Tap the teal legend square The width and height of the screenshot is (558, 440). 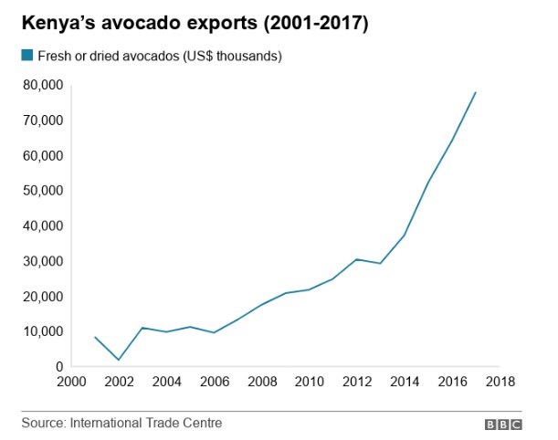(x=26, y=57)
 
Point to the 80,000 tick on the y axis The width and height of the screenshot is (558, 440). (x=42, y=85)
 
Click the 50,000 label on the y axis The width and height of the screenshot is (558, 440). (x=42, y=191)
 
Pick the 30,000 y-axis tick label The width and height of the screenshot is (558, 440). (x=42, y=261)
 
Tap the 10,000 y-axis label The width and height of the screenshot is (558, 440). (x=42, y=331)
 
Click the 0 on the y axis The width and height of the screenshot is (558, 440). (x=57, y=367)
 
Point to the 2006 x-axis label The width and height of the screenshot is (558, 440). (x=214, y=382)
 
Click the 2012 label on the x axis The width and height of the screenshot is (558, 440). (x=357, y=382)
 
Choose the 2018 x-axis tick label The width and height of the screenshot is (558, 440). (x=500, y=382)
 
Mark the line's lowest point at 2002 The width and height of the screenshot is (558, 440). (x=119, y=360)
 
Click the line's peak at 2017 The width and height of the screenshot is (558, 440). (x=476, y=92)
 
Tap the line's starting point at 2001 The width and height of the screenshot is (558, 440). (x=95, y=337)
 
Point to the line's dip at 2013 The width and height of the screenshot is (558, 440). (x=381, y=264)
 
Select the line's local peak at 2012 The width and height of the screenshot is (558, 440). (x=357, y=259)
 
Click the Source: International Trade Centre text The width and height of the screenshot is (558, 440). (x=122, y=424)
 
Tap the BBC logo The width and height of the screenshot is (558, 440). (x=503, y=424)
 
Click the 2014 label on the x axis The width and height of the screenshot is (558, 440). (x=405, y=382)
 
